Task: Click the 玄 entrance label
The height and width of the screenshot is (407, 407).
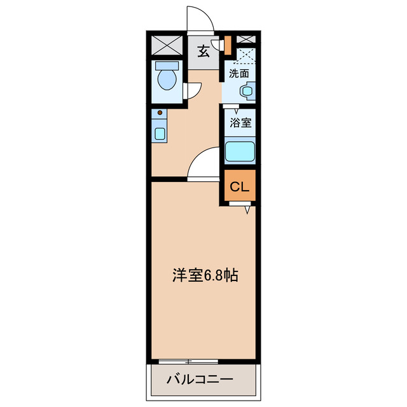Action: (x=203, y=51)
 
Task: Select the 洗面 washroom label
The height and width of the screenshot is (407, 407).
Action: (x=239, y=73)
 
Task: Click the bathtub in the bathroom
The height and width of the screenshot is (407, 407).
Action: (x=240, y=152)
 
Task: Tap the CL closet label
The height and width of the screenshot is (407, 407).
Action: (x=239, y=187)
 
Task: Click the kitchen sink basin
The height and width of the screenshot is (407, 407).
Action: (x=160, y=134)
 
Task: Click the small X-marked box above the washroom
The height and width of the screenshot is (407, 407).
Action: (x=245, y=39)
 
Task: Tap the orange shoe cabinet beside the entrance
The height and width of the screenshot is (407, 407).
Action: (x=227, y=45)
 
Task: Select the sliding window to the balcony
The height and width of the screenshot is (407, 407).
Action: (x=188, y=361)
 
